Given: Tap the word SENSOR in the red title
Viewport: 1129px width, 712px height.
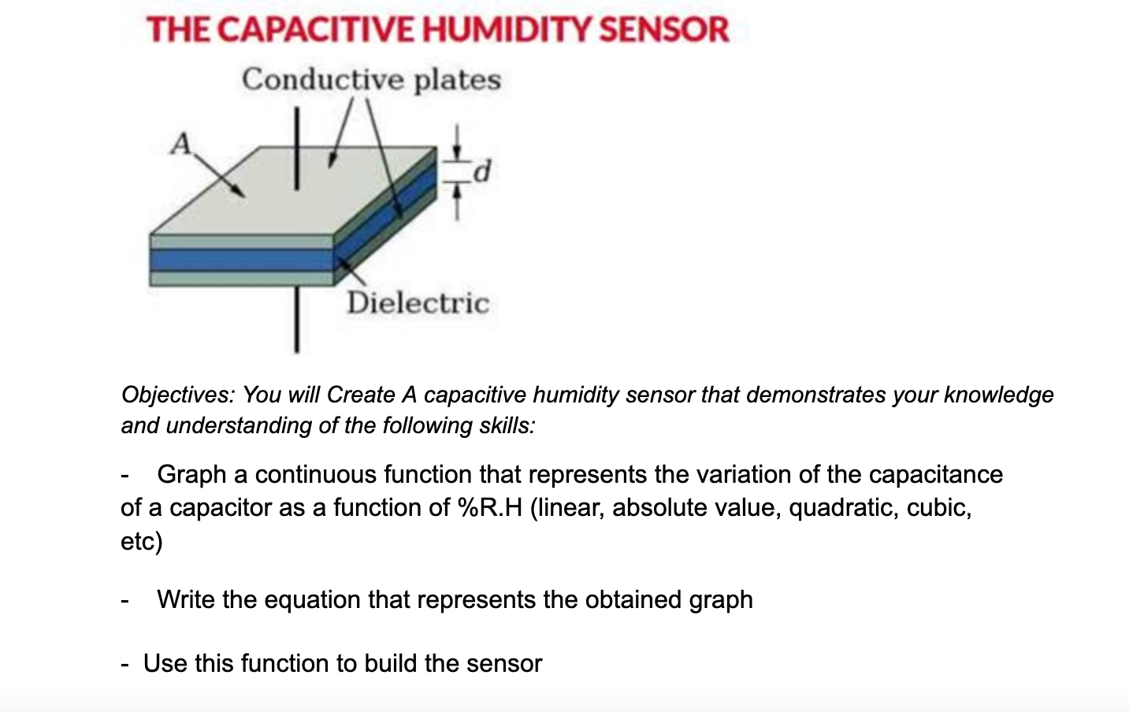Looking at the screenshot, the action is click(664, 30).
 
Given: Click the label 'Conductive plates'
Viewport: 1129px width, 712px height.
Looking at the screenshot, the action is click(371, 80).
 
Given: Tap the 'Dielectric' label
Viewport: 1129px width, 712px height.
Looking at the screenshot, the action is click(418, 302).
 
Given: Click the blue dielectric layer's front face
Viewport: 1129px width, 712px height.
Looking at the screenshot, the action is click(241, 259).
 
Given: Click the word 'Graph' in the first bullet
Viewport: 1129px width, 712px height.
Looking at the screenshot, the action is click(191, 474).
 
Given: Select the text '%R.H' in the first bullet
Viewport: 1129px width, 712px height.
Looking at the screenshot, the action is click(489, 507).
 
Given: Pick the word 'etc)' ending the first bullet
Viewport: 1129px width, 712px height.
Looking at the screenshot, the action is click(142, 541).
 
